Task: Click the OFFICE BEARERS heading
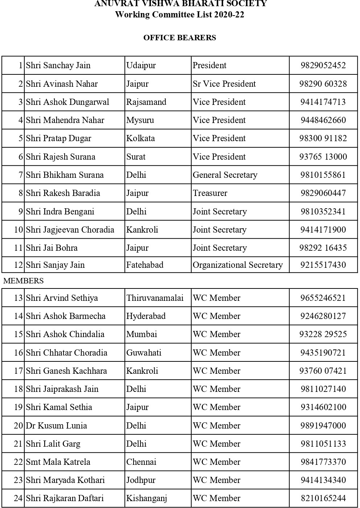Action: coord(180,38)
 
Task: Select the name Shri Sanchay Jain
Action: coord(58,65)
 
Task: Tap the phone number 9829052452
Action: coord(323,65)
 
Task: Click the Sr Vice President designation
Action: coord(224,84)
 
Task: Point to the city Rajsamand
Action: coord(146,102)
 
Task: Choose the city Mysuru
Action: coord(140,120)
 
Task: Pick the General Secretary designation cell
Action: coord(225,175)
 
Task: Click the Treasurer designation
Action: coord(210,193)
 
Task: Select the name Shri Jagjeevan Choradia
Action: coord(70,230)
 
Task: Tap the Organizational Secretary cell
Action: coord(238,265)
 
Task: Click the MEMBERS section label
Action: coord(23,281)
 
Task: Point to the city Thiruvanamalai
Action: coord(155,298)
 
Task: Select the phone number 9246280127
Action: coord(323,316)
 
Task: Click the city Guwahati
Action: coord(144,353)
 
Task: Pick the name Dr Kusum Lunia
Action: coord(56,426)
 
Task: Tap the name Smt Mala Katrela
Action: coord(58,462)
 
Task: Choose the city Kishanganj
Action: coord(147,498)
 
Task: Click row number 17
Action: coord(18,371)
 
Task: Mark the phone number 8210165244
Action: coord(323,498)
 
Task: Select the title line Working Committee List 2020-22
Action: coord(180,15)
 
